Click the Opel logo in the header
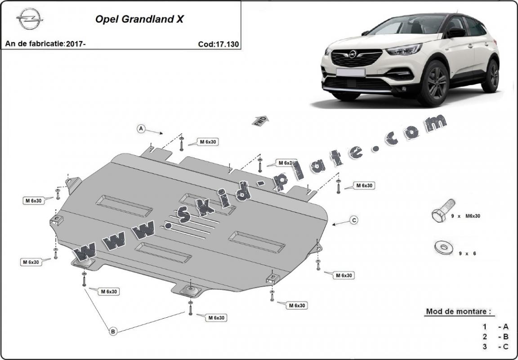30,20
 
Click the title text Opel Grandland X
139,19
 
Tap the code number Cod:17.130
218,44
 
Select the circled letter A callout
141,129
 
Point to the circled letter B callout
113,331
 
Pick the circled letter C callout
354,220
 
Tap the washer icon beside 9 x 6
444,247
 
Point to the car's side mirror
456,32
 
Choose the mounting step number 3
485,346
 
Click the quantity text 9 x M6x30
465,216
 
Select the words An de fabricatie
35,44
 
